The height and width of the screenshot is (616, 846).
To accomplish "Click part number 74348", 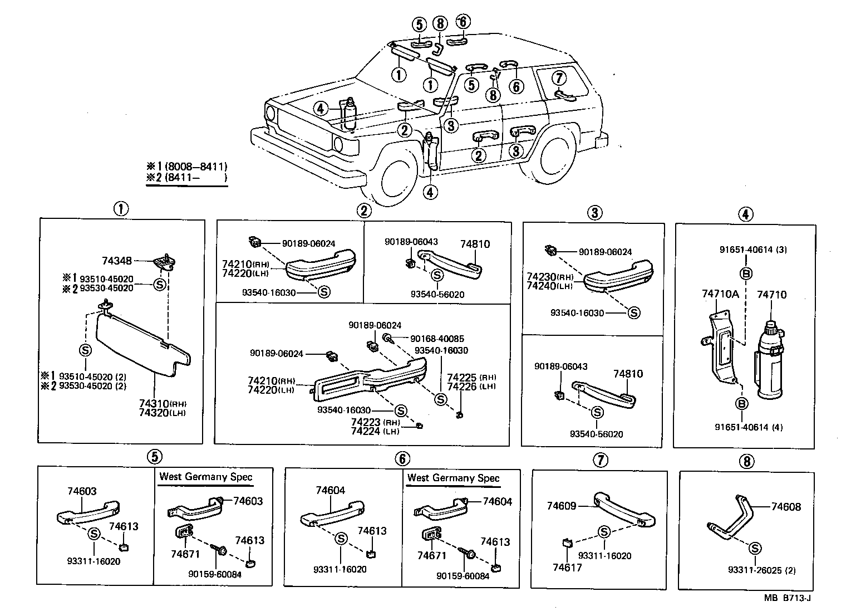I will point(117,260).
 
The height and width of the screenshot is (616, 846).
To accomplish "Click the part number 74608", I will point(786,506).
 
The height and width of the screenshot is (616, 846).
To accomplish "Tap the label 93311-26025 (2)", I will point(761,570).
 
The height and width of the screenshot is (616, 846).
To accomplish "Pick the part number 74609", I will point(561,506).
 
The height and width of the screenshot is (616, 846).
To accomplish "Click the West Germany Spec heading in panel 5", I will point(206,477).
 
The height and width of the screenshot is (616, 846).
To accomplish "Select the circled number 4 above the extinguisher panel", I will point(745,214).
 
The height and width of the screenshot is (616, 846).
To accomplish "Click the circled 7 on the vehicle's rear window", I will point(559,77).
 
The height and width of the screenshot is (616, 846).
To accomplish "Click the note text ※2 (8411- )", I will point(187,178).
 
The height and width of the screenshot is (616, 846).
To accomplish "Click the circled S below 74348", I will point(160,284).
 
